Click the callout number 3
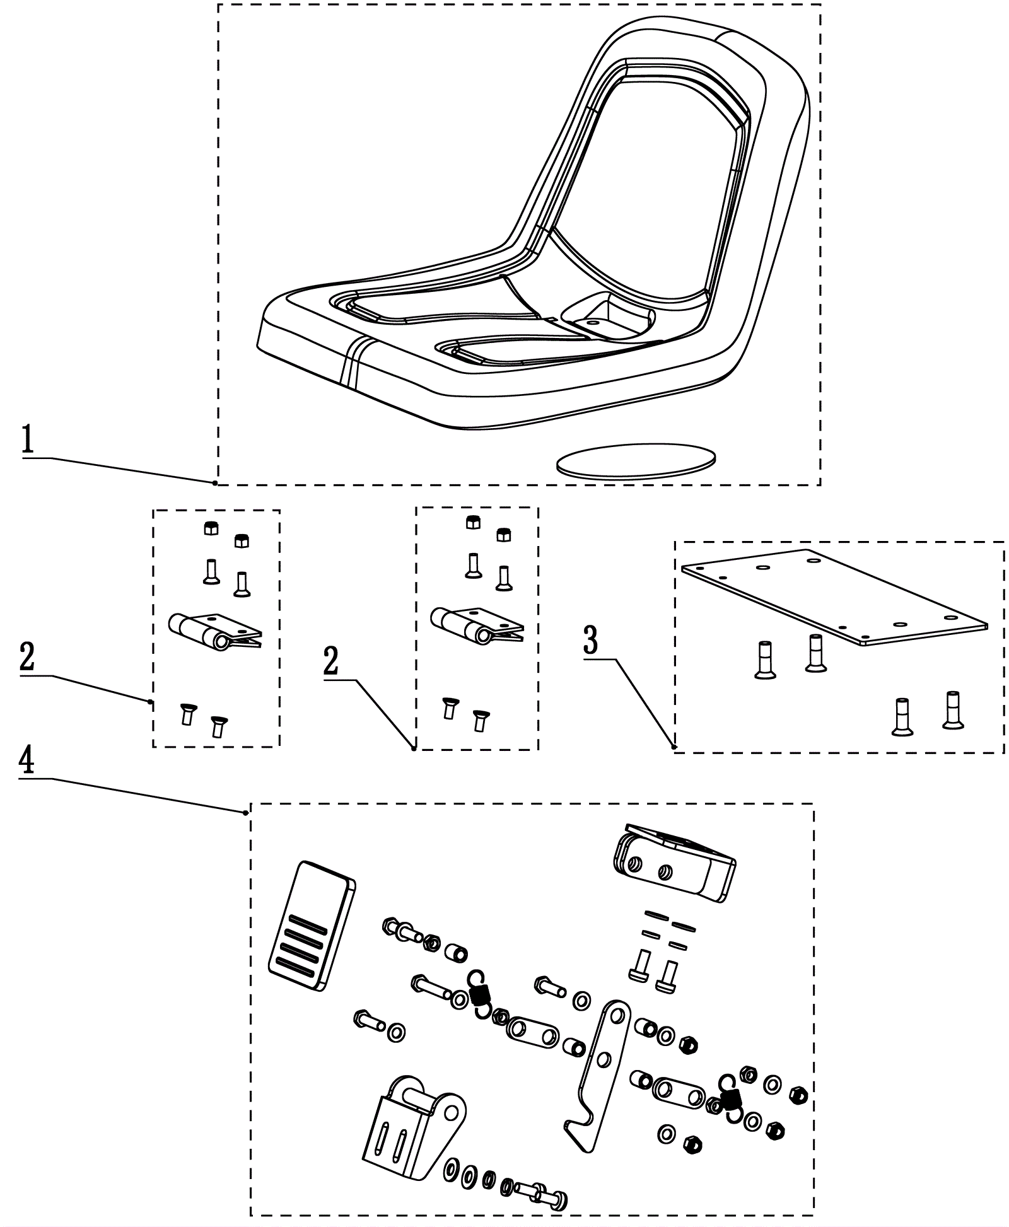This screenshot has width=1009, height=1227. click(590, 641)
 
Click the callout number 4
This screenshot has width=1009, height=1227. click(26, 762)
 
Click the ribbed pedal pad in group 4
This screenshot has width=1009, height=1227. click(312, 926)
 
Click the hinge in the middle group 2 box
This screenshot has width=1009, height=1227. click(476, 624)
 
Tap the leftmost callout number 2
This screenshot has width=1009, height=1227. click(28, 658)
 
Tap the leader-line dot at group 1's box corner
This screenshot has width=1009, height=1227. click(215, 483)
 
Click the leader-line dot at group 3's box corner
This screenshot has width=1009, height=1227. click(674, 747)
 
